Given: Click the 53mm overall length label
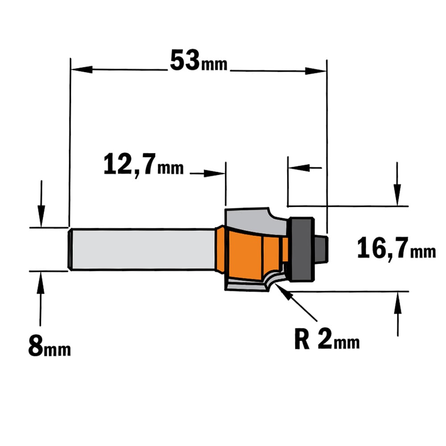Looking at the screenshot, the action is [198, 61].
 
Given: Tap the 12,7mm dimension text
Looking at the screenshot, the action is [144, 165].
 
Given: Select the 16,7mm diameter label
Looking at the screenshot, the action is [396, 249].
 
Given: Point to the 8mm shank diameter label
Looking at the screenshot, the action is [50, 346].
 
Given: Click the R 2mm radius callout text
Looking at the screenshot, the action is [327, 339].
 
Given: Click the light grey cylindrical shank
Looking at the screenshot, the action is [142, 249].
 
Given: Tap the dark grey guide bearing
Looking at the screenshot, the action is [301, 249].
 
